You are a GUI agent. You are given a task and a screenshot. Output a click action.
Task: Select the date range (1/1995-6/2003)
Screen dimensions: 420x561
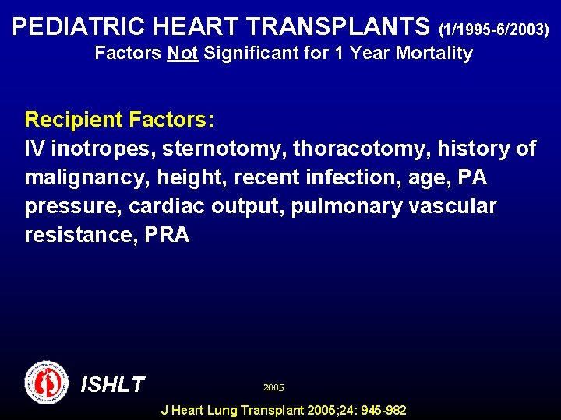click(494, 30)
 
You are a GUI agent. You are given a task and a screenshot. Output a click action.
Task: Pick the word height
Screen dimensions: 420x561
click(187, 177)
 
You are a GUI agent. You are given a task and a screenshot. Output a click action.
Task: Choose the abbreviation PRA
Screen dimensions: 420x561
click(167, 235)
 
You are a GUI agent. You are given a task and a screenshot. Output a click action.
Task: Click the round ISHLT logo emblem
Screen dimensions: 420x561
click(47, 383)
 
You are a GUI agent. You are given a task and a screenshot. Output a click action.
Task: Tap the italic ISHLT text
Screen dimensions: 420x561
click(113, 384)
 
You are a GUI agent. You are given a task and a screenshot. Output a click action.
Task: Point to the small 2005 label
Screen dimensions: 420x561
click(273, 387)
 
